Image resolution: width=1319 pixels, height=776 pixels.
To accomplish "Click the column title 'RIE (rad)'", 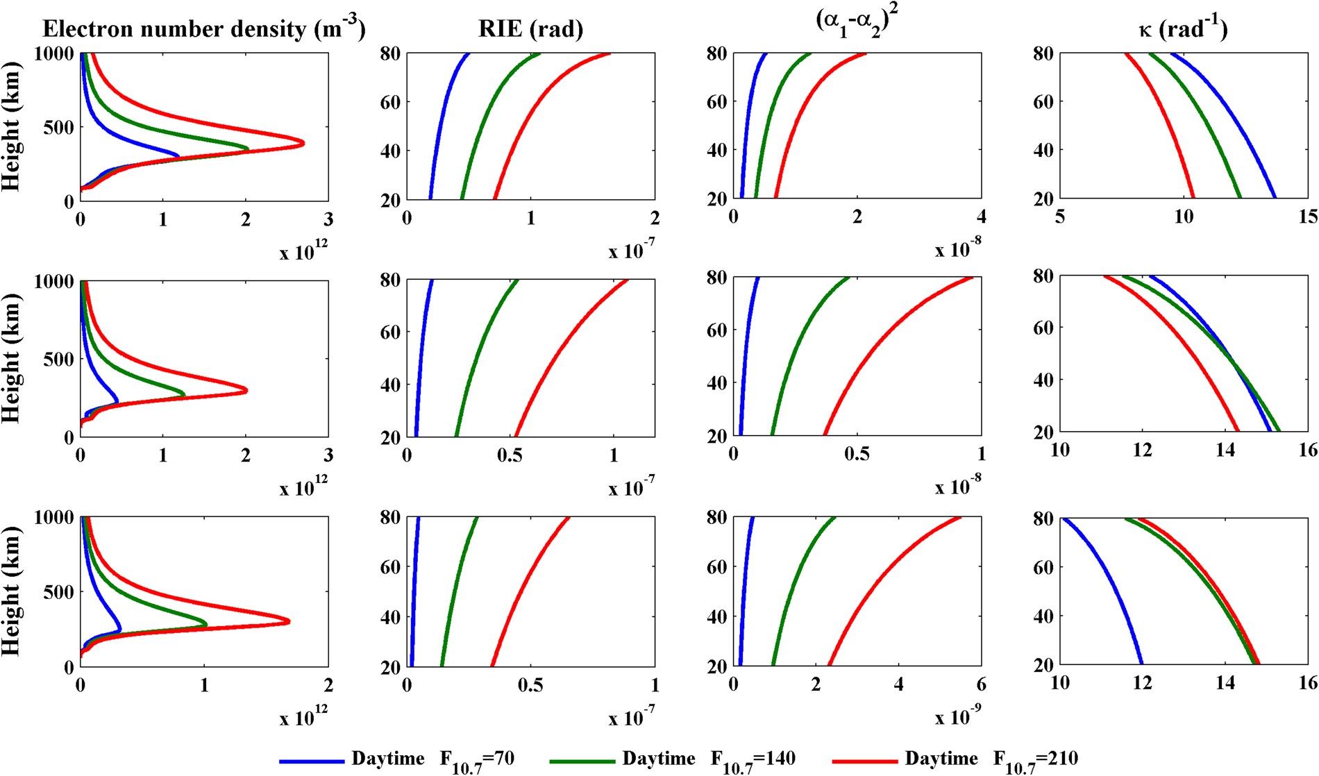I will (530, 29).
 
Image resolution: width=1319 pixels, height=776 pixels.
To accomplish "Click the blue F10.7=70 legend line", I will (312, 761).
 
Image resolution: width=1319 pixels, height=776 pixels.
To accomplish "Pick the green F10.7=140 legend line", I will (582, 761).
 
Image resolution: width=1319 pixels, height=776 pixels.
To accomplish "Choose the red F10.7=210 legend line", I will (864, 761).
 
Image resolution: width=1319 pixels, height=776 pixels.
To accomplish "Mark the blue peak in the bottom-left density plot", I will (120, 630).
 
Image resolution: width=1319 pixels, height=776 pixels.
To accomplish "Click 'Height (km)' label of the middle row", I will (12, 359).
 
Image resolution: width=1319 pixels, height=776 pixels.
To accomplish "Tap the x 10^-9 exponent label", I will (959, 717).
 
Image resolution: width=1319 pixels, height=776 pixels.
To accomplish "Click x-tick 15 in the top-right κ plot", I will (1308, 217).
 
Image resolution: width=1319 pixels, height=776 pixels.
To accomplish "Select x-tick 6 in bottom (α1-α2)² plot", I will (981, 684).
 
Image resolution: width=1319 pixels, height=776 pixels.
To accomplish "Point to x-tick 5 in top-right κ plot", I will (1060, 217).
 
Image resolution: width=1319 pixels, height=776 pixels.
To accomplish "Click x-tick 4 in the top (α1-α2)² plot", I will (981, 217).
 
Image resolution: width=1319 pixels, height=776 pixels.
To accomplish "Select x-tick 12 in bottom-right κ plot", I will (1143, 683).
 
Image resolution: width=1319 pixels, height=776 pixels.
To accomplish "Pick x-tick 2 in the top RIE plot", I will (655, 219).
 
